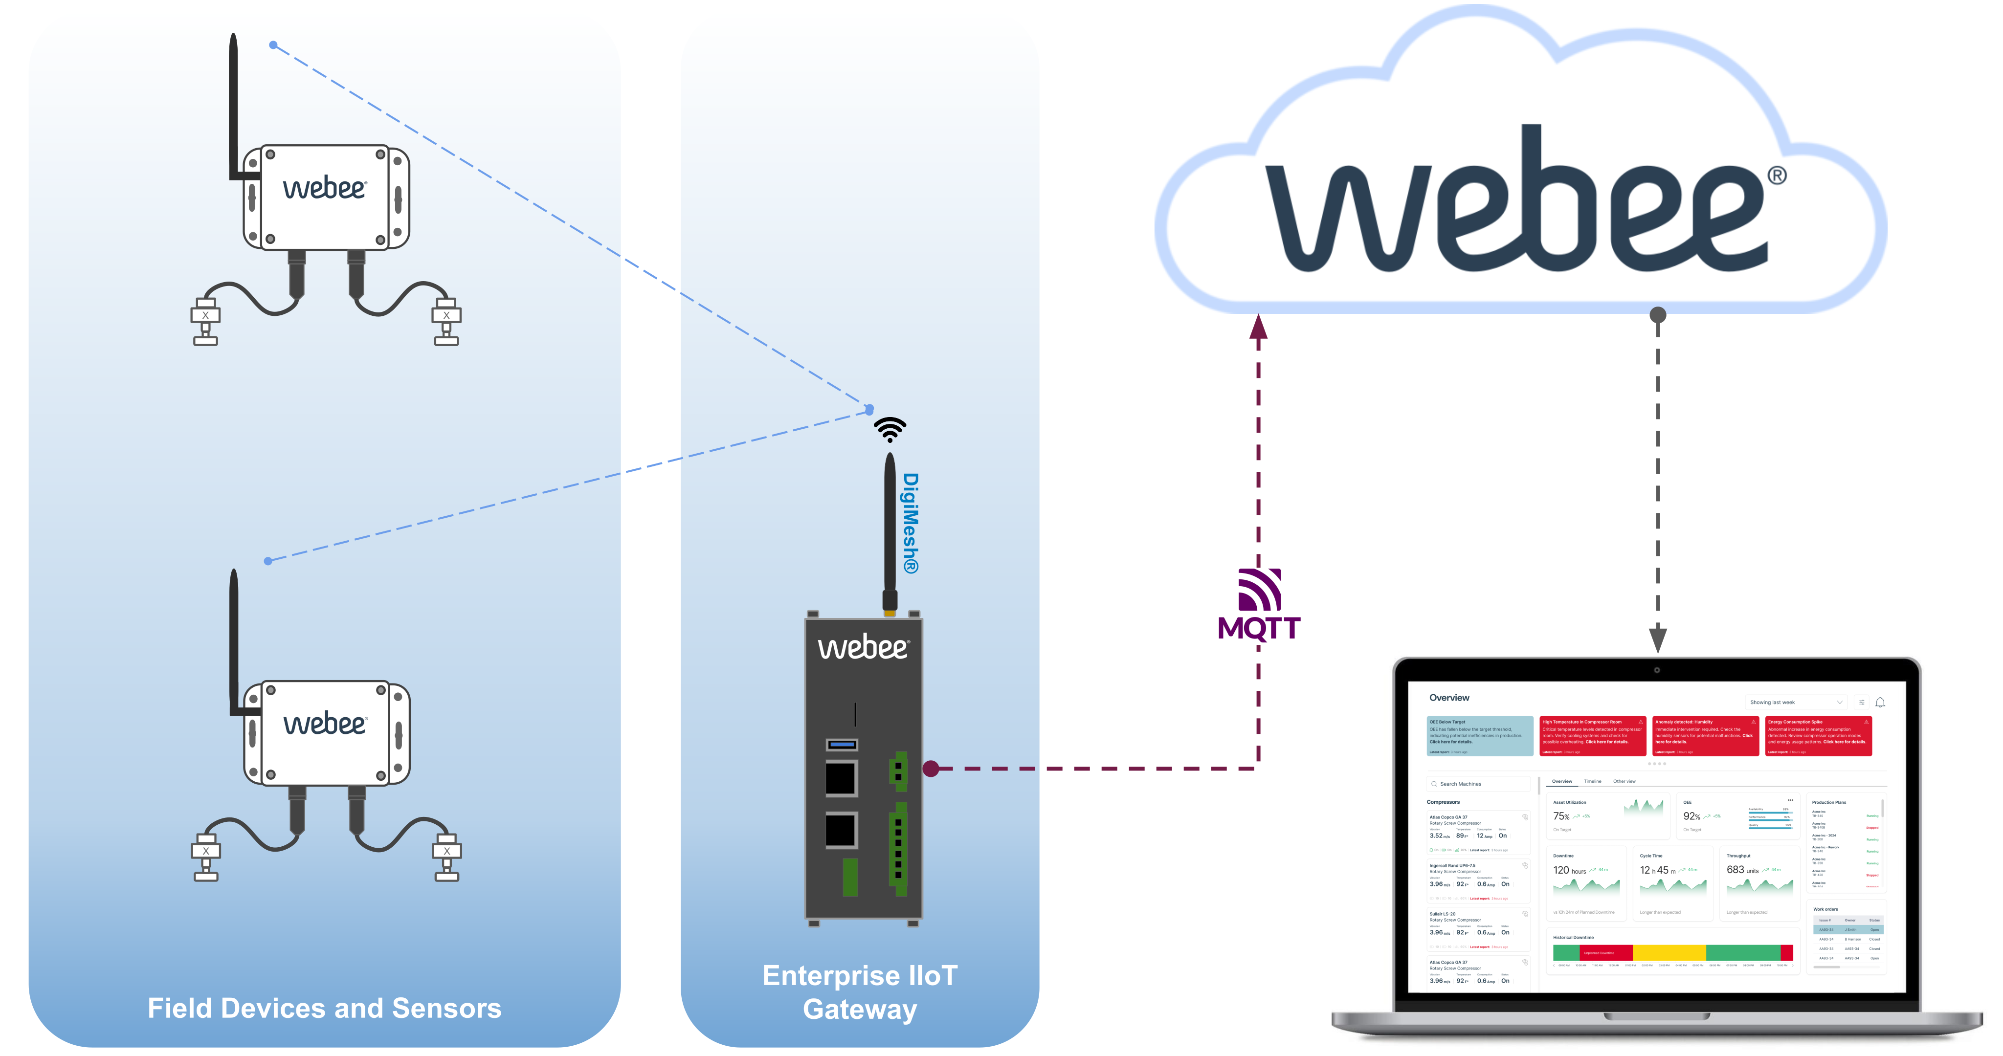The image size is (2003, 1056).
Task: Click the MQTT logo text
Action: click(1258, 628)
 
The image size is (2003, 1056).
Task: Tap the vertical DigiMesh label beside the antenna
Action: click(911, 523)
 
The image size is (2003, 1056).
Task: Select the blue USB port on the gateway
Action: click(841, 744)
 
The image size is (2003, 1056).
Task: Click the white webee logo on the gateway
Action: click(863, 647)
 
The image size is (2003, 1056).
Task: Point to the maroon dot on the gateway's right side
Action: click(931, 768)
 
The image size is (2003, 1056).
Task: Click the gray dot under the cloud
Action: click(1658, 315)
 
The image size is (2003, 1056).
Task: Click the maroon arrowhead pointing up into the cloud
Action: click(1258, 327)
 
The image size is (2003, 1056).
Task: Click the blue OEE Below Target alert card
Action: click(1480, 736)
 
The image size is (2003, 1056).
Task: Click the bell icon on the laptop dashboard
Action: click(1880, 702)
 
